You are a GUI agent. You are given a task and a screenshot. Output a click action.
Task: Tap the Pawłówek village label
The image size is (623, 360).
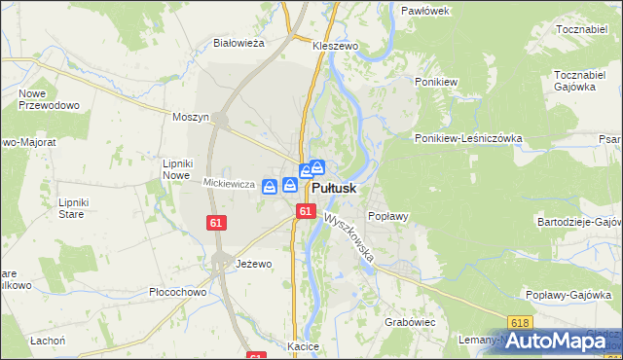coord(424,10)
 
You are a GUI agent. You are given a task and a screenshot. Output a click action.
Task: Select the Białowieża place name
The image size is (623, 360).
coord(239,43)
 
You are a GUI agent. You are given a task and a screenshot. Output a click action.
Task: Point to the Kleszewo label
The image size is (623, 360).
coord(336,45)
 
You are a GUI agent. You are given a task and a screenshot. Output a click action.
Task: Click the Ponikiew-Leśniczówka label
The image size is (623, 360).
coord(468,138)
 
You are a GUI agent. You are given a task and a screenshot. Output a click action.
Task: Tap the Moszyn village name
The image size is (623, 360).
coord(191,117)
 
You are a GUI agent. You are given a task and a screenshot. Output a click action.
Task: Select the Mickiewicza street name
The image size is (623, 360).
coord(229,183)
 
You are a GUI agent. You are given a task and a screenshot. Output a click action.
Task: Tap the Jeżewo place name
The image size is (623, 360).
coord(254,264)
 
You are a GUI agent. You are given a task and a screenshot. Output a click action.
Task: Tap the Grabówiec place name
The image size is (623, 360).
coord(409,320)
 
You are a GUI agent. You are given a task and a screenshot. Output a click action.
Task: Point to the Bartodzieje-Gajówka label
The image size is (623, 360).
coord(578,222)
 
